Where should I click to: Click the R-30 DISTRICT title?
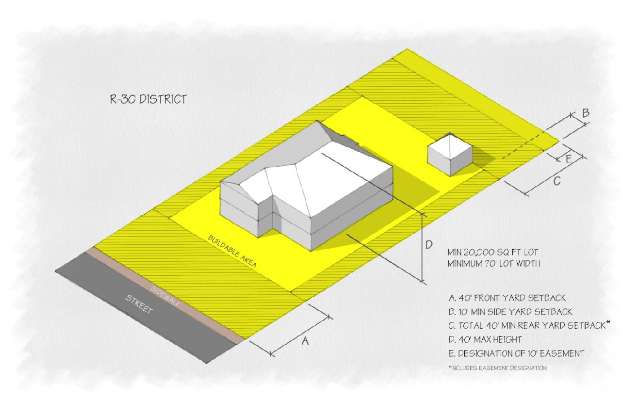[x=148, y=100]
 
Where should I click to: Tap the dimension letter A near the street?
[x=305, y=341]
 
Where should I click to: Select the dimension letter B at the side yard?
[x=586, y=113]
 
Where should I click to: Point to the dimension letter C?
[x=557, y=181]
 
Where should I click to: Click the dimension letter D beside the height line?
[x=429, y=245]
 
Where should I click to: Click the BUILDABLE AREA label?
[x=232, y=252]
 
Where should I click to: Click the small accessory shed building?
[x=450, y=154]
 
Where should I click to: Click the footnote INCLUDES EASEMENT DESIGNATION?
[x=498, y=368]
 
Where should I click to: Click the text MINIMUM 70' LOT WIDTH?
[x=494, y=264]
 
